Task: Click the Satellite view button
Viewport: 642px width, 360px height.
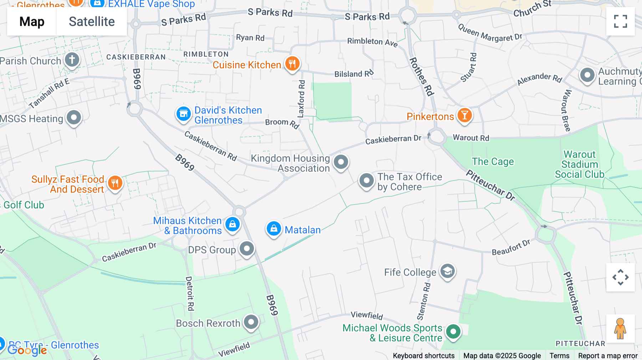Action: (x=92, y=21)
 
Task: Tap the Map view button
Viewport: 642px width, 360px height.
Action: (x=32, y=21)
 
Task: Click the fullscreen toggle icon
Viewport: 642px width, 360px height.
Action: (x=620, y=21)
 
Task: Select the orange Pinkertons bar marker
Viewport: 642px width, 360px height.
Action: (x=464, y=115)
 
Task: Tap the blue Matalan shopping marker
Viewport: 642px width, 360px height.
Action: (x=274, y=228)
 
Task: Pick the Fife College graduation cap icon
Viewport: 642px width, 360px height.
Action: (x=447, y=272)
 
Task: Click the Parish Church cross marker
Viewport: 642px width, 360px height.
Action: (x=72, y=60)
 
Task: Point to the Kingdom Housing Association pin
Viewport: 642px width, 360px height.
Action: (x=341, y=162)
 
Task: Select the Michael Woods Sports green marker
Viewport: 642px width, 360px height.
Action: (x=453, y=331)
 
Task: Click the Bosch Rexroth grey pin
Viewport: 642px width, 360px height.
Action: (x=251, y=322)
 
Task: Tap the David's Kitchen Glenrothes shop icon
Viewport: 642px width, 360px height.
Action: (x=184, y=114)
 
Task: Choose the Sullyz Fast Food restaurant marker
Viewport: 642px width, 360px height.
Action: (x=115, y=183)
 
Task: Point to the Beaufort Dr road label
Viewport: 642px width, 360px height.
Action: (x=511, y=247)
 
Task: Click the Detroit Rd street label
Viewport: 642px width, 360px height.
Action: (x=190, y=293)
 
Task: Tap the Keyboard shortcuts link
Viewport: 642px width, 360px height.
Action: (x=423, y=355)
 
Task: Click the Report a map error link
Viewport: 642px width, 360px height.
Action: (x=607, y=355)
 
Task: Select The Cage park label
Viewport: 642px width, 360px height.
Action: (x=493, y=161)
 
